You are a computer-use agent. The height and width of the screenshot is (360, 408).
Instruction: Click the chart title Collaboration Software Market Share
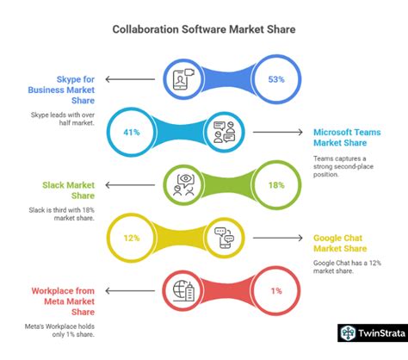(204, 29)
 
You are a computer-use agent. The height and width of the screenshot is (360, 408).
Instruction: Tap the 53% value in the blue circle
(276, 79)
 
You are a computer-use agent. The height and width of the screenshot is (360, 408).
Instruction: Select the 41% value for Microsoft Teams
(132, 132)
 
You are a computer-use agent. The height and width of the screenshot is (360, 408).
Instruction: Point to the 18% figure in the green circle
(276, 185)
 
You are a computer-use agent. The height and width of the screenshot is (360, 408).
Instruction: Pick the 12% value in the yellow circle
(132, 238)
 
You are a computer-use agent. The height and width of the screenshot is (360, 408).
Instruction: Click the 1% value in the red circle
(276, 291)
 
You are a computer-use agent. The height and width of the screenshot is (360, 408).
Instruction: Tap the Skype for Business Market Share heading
(61, 90)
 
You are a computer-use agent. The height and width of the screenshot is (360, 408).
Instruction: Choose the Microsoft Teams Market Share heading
(347, 138)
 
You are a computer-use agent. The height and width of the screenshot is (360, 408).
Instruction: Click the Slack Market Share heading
(69, 190)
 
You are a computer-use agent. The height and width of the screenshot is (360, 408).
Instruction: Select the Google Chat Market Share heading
(340, 243)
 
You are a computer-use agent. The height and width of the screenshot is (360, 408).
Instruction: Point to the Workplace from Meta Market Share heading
(63, 301)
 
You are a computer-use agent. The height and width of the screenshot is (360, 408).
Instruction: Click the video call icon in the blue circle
(183, 79)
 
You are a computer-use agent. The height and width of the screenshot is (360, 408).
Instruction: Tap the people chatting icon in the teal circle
(225, 132)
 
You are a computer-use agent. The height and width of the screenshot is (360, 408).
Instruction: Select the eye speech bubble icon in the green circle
(183, 185)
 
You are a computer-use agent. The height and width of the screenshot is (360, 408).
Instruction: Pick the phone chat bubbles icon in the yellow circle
(225, 238)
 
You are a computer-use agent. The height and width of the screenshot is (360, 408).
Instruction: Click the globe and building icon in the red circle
(183, 291)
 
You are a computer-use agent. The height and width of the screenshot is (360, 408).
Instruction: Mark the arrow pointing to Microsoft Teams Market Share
(278, 132)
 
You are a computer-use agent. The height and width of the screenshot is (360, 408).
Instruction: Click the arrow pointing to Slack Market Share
(130, 185)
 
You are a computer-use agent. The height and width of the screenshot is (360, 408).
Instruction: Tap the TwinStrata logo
(373, 333)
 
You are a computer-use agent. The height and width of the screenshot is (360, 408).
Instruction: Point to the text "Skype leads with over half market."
(63, 119)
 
